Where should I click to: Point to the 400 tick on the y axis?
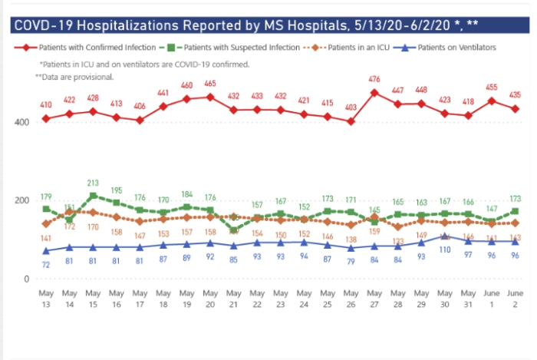25,122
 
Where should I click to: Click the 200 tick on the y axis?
25,200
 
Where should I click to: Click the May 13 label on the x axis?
46,299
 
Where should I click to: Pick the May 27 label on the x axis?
374,299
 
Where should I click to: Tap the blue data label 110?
445,250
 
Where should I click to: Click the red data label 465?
209,83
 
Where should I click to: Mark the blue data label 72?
46,264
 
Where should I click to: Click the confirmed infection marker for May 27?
374,93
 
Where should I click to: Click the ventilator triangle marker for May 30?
445,236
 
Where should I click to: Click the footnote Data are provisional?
74,78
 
